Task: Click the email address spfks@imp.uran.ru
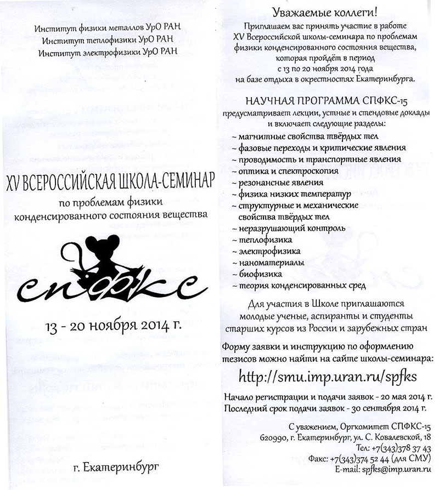click(396, 470)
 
